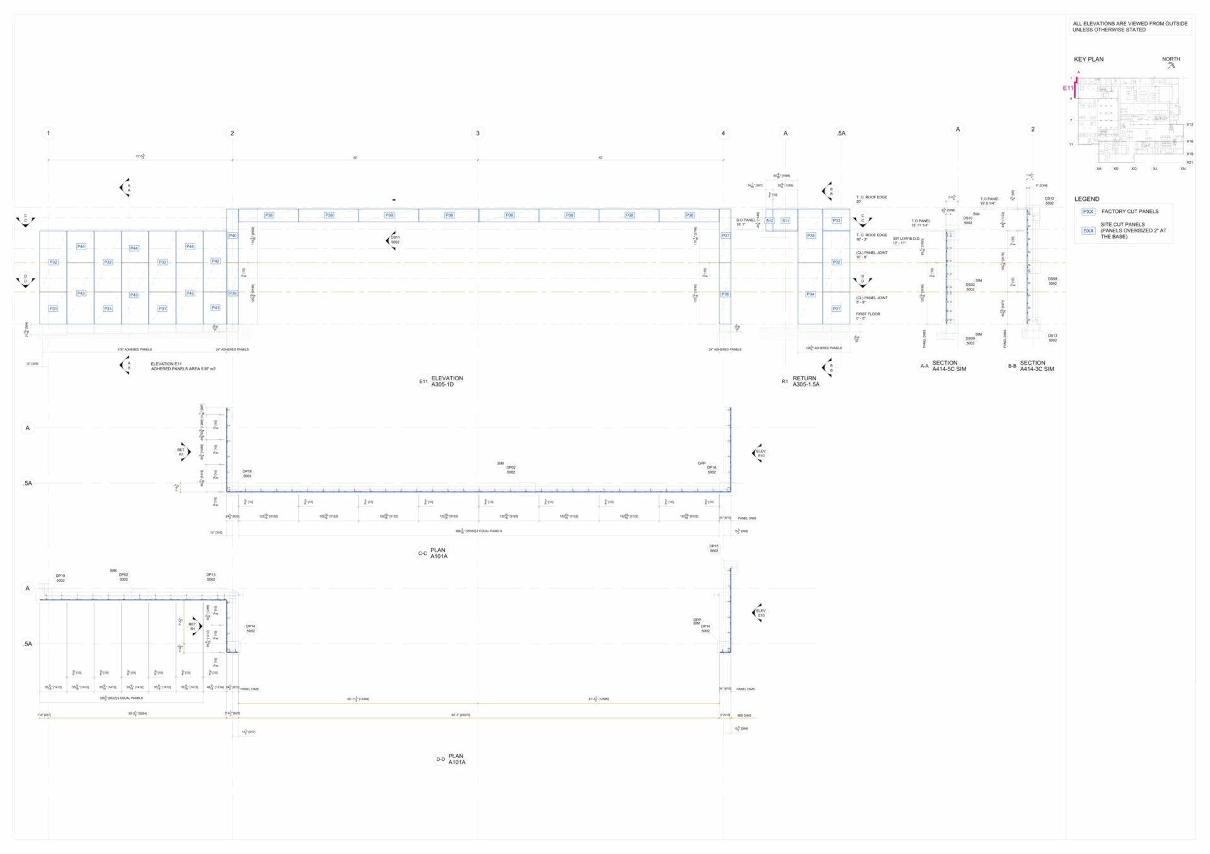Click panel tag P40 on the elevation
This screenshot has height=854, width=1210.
click(233, 236)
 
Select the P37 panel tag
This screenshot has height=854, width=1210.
click(725, 236)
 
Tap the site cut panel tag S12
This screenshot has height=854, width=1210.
click(769, 221)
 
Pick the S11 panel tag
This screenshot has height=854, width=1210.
click(785, 221)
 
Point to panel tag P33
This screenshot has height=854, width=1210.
click(836, 220)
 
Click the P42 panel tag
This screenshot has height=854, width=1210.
click(216, 261)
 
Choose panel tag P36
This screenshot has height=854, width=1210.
click(725, 294)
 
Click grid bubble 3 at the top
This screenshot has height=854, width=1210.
click(478, 134)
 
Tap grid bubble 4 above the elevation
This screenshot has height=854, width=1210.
click(723, 134)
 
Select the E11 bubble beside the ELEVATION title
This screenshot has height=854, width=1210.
click(423, 382)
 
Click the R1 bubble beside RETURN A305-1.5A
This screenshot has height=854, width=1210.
click(785, 382)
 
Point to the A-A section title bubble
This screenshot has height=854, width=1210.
click(924, 366)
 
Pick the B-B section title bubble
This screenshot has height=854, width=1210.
click(1012, 366)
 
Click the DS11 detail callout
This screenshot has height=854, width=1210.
click(395, 240)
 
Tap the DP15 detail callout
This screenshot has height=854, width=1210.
click(713, 549)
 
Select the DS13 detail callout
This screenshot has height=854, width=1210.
click(1052, 338)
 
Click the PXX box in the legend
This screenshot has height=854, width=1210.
click(1088, 212)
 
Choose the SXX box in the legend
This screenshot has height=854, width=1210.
click(1088, 231)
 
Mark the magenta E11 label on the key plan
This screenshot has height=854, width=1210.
click(1068, 88)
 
